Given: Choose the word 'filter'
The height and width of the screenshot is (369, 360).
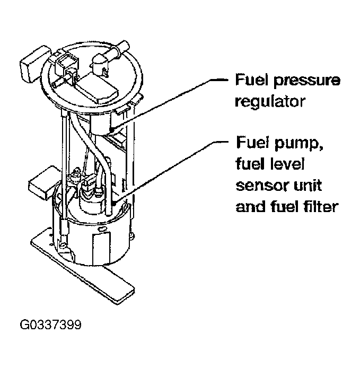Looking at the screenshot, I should pos(320,206).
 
